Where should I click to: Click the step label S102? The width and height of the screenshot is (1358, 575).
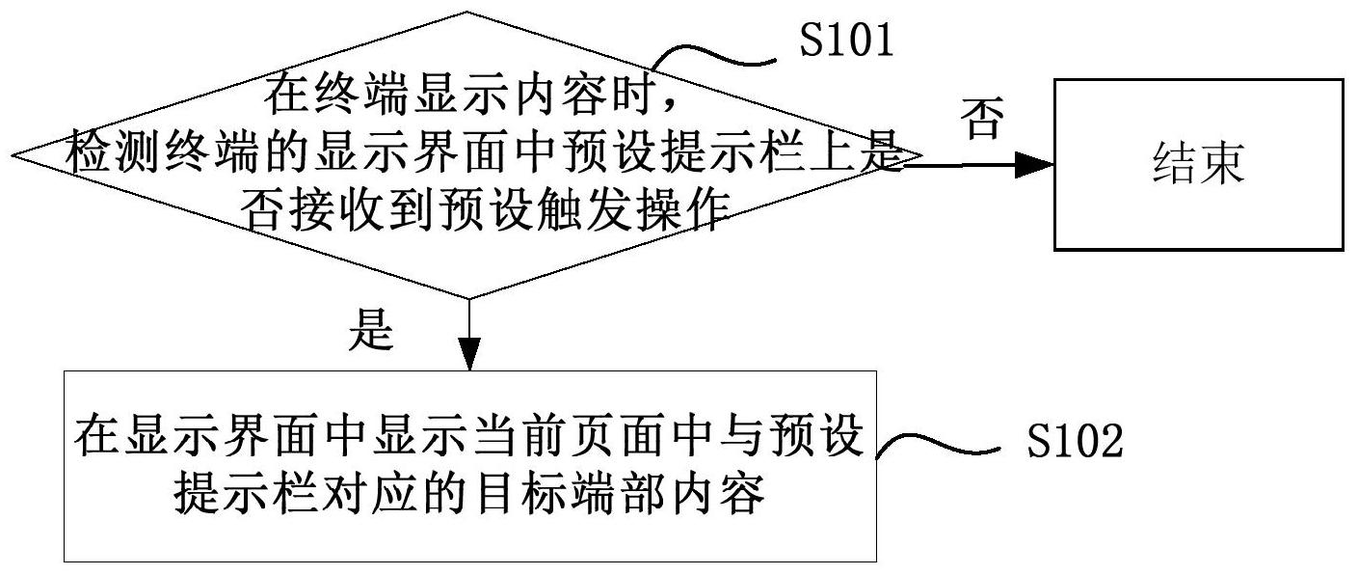click(1075, 442)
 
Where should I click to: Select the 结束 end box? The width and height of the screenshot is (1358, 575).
click(1198, 165)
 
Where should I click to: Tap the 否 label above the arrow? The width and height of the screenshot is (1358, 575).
click(982, 121)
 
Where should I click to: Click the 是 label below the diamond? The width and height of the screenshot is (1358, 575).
click(372, 331)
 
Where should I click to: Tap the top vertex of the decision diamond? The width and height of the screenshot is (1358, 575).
click(468, 13)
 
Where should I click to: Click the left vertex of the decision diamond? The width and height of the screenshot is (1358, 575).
click(13, 154)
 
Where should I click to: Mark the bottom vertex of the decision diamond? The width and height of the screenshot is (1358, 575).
click(468, 297)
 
